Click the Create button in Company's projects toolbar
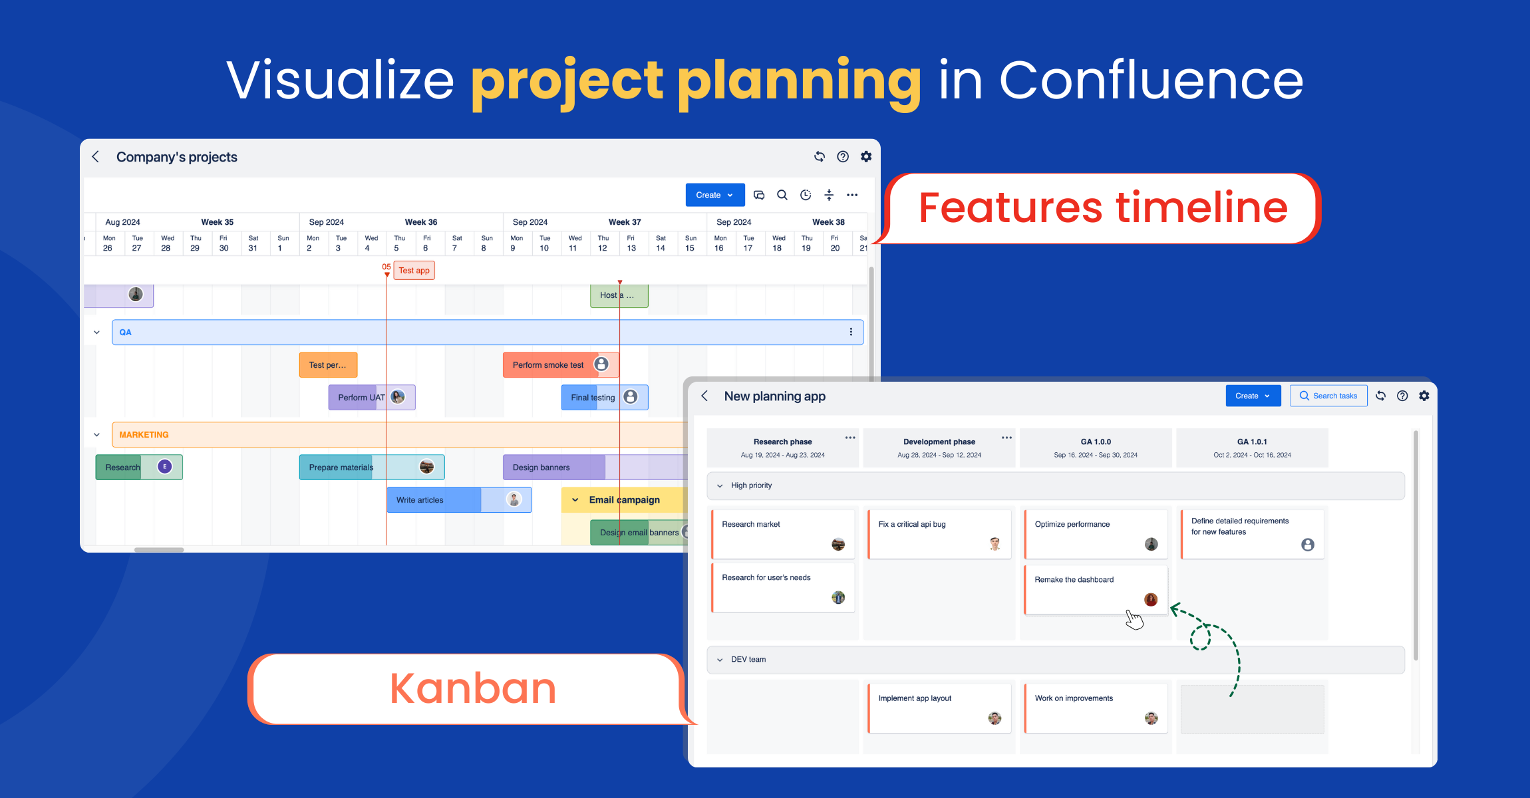click(x=714, y=195)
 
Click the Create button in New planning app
click(x=1252, y=396)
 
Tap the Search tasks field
click(x=1328, y=396)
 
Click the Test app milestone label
click(x=414, y=271)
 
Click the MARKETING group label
click(x=144, y=435)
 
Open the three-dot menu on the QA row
click(x=851, y=332)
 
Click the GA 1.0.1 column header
click(x=1251, y=448)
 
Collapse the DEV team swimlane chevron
click(x=720, y=660)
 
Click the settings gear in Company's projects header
click(x=866, y=156)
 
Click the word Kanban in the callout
click(x=472, y=688)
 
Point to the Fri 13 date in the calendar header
click(x=631, y=243)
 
